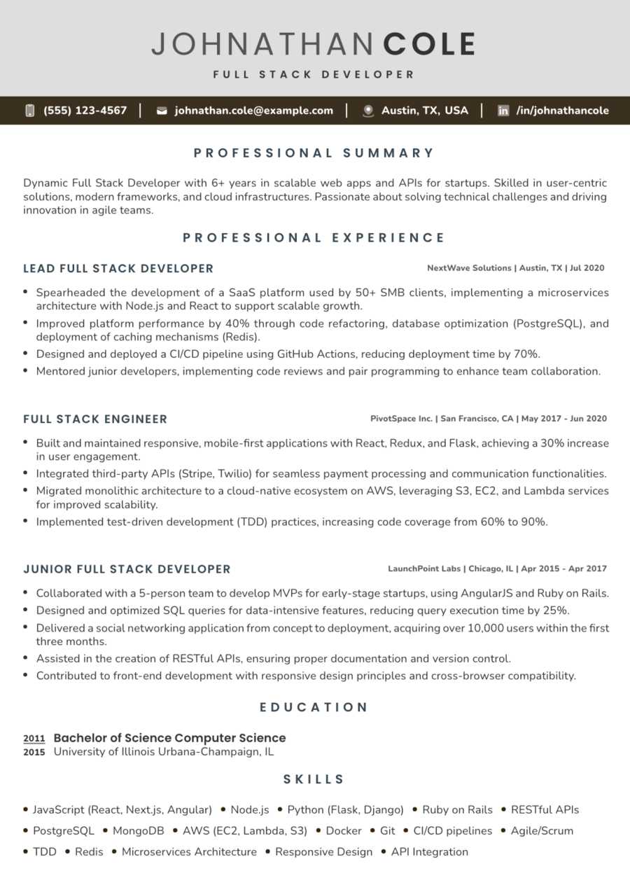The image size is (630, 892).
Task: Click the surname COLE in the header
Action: point(429,44)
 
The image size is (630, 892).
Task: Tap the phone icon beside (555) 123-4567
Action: point(30,111)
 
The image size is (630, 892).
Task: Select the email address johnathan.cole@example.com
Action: point(253,111)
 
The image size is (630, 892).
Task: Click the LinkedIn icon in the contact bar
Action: point(503,111)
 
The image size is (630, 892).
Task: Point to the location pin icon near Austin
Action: point(368,111)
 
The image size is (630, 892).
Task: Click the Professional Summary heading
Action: point(314,153)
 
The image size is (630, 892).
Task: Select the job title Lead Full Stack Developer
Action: point(118,268)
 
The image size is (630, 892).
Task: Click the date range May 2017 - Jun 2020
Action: point(564,419)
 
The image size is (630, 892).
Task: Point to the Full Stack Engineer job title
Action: point(95,419)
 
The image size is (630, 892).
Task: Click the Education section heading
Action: point(314,707)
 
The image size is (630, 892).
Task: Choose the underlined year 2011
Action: point(34,738)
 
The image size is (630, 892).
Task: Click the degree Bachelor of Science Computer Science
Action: point(169,738)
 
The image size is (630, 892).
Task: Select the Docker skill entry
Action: point(344,831)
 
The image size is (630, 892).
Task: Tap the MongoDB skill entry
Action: point(137,831)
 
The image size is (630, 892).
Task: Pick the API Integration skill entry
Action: point(429,852)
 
